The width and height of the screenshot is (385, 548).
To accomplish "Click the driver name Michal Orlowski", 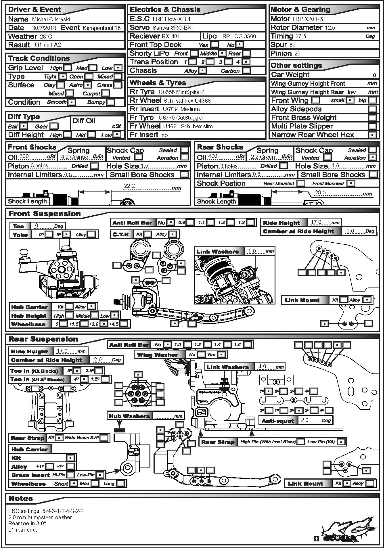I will pyautogui.click(x=51, y=20).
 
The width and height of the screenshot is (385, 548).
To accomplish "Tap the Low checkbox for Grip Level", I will pyautogui.click(x=118, y=68).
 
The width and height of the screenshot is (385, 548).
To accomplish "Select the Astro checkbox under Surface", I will pyautogui.click(x=88, y=85).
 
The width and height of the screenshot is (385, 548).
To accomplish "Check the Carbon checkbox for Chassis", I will pyautogui.click(x=246, y=70).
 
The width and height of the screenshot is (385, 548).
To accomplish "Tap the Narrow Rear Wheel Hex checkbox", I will pyautogui.click(x=372, y=135).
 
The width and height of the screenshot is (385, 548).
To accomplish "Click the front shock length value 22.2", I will pyautogui.click(x=129, y=186).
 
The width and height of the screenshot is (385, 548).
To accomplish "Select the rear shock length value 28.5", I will pyautogui.click(x=320, y=192).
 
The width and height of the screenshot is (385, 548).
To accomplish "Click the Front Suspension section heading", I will pyautogui.click(x=45, y=214).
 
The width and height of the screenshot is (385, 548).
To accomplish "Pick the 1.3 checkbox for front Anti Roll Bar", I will pyautogui.click(x=250, y=222).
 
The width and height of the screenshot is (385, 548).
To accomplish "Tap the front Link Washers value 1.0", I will pyautogui.click(x=252, y=251).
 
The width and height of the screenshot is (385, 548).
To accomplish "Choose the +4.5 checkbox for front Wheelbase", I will pyautogui.click(x=124, y=324).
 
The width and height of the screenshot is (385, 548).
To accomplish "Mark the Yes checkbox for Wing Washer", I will pyautogui.click(x=221, y=355).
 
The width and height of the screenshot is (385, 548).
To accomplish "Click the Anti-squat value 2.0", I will pyautogui.click(x=304, y=420).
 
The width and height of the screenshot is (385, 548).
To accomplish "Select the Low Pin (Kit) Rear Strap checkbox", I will pyautogui.click(x=341, y=442).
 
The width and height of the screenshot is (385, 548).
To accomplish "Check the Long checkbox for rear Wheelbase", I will pyautogui.click(x=120, y=483).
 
